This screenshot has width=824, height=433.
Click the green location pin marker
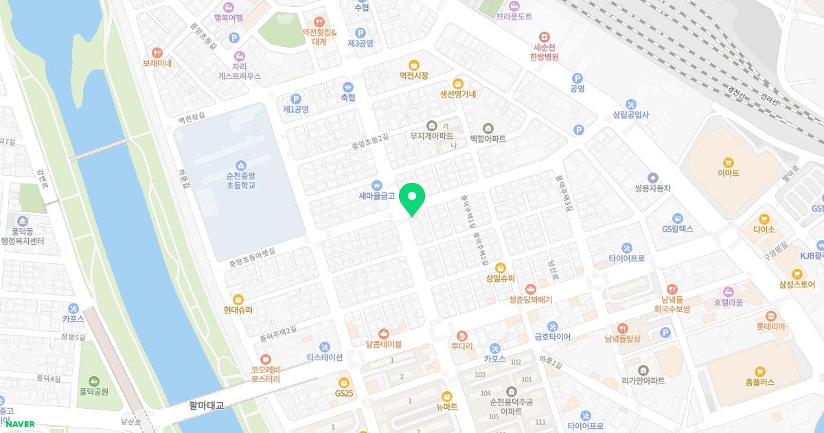click(412, 197)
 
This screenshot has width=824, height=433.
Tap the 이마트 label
click(728, 173)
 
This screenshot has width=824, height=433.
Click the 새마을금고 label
click(377, 196)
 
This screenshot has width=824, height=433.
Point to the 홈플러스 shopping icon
click(758, 371)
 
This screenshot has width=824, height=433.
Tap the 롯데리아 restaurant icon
click(771, 315)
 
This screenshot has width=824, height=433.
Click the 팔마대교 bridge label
click(207, 406)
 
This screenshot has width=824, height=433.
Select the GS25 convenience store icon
click(344, 382)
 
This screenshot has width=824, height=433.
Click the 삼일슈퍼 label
click(500, 278)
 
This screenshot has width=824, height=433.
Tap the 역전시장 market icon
click(413, 65)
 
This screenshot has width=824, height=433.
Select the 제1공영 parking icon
click(296, 98)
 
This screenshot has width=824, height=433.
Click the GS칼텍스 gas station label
click(677, 229)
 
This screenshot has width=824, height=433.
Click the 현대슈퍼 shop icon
click(238, 299)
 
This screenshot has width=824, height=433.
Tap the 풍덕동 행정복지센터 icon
click(23, 221)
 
